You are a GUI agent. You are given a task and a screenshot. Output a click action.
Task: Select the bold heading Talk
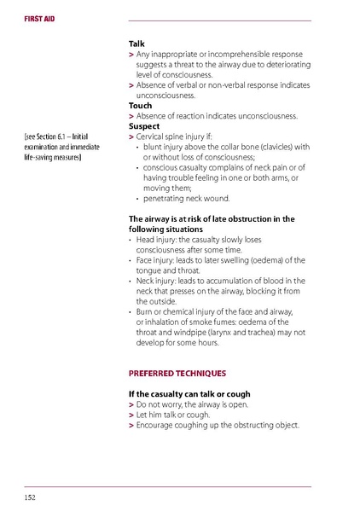[136, 43]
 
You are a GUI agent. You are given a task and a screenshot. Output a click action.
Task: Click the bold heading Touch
[140, 106]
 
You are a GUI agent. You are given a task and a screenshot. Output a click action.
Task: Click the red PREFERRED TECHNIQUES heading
[177, 373]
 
